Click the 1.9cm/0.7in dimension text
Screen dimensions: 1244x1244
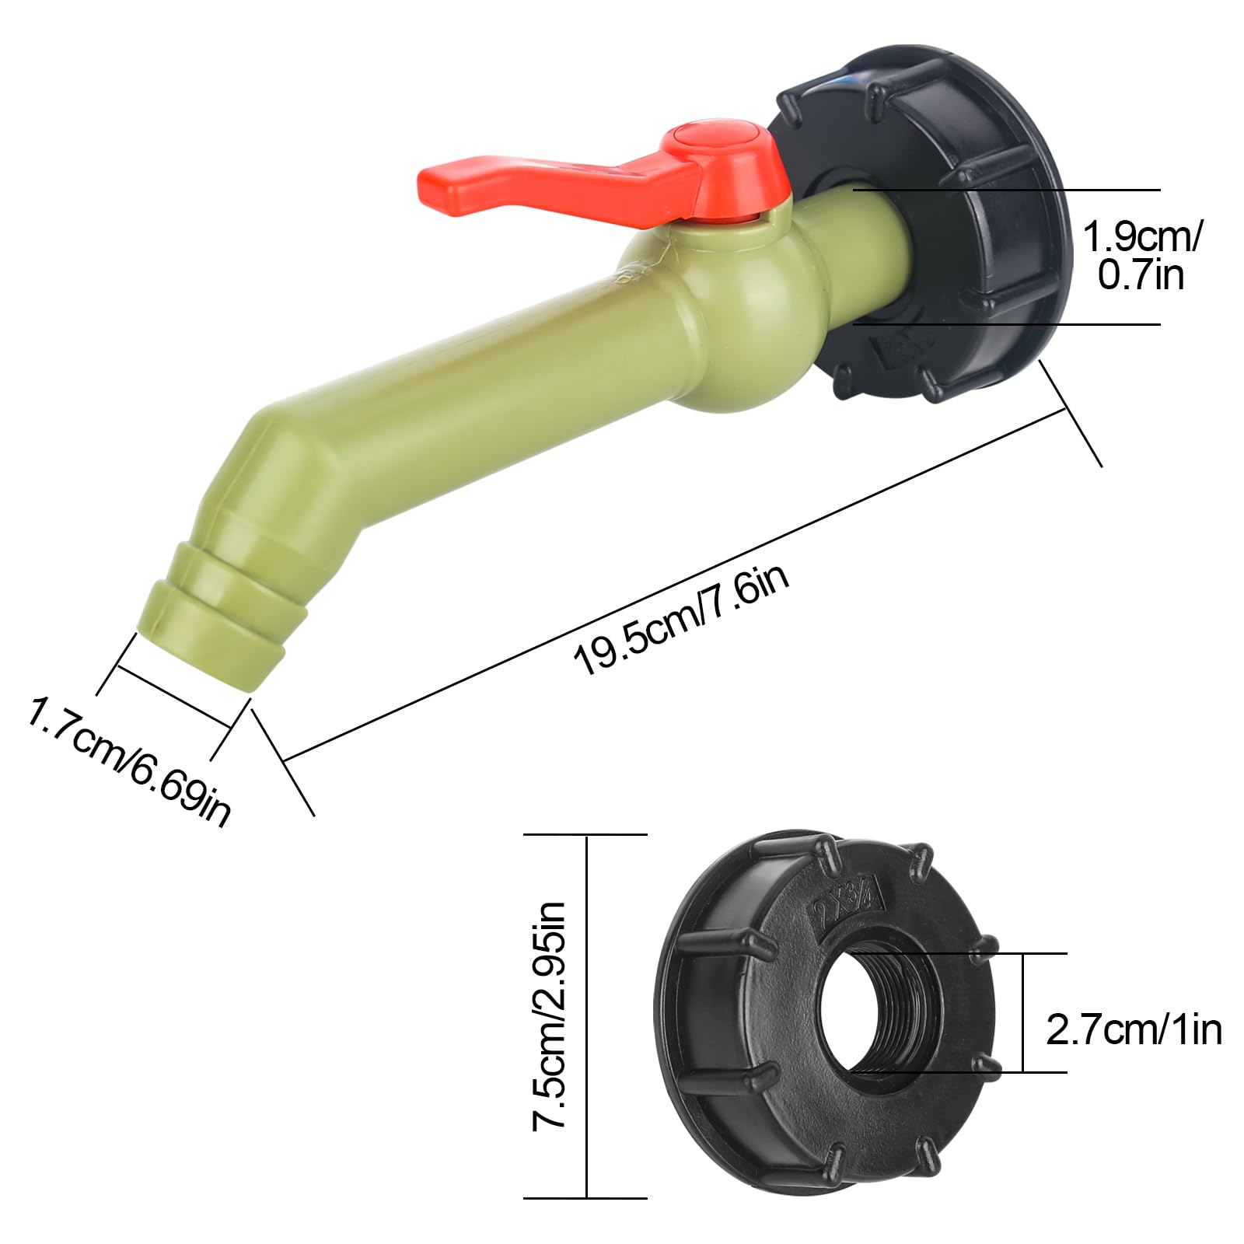1141,255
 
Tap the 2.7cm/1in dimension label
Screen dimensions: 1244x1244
1134,1030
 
